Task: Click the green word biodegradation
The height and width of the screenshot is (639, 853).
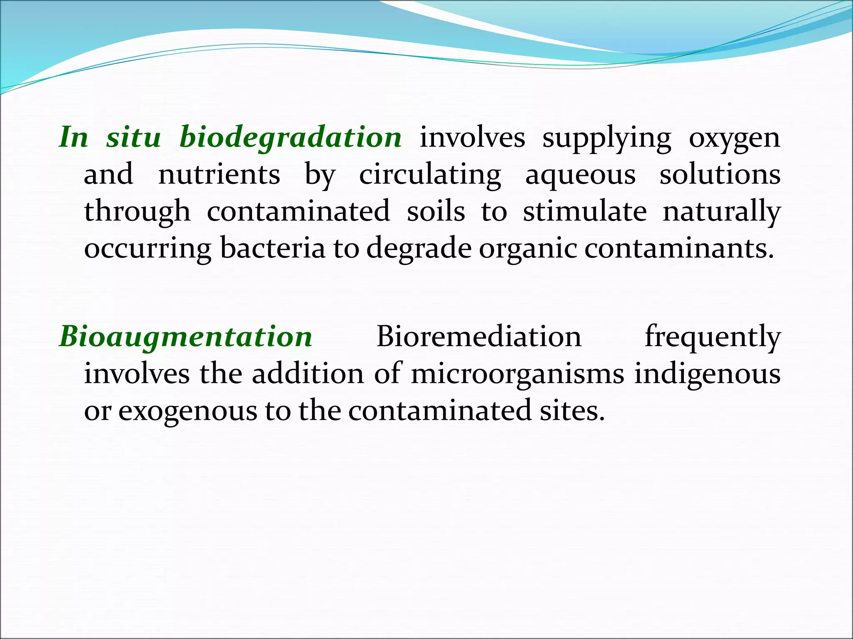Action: [x=290, y=137]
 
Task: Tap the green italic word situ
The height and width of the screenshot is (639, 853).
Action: [x=133, y=137]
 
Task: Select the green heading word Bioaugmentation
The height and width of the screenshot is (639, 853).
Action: [x=186, y=336]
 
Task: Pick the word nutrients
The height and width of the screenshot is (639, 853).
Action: [x=219, y=174]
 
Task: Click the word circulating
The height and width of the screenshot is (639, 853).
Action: [x=430, y=175]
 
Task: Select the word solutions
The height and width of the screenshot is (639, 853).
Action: [x=720, y=174]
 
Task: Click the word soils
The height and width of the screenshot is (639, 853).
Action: [x=436, y=211]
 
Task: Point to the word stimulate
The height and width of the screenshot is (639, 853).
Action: [x=585, y=211]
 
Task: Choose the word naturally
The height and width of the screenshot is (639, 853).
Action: [x=721, y=212]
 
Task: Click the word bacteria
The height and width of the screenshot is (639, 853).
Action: [x=272, y=248]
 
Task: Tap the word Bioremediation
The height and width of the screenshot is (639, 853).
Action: [x=479, y=336]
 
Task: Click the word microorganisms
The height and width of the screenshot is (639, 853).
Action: [x=517, y=374]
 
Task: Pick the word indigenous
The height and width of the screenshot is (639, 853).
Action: [x=707, y=374]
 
